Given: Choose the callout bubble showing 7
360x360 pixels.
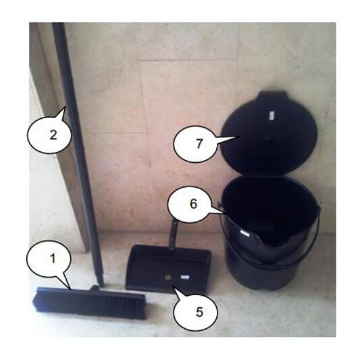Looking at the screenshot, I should [198, 145].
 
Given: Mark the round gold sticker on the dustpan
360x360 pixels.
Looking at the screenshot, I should [166, 277].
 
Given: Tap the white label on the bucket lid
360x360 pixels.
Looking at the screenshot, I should [273, 117].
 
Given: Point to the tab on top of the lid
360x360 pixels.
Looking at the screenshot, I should [269, 95].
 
